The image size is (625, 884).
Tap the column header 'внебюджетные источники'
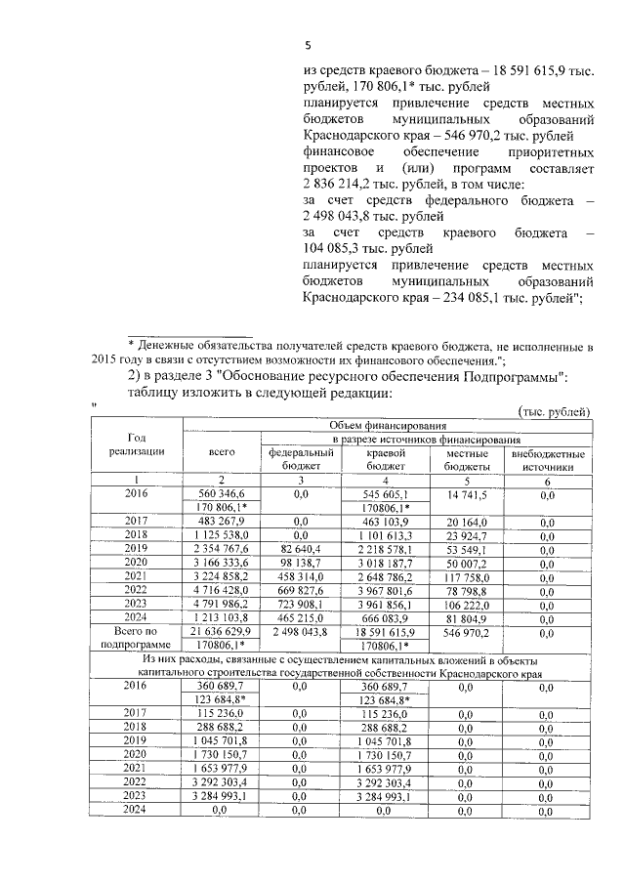(x=548, y=460)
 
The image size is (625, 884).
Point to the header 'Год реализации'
(x=138, y=444)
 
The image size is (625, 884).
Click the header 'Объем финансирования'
(x=387, y=426)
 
